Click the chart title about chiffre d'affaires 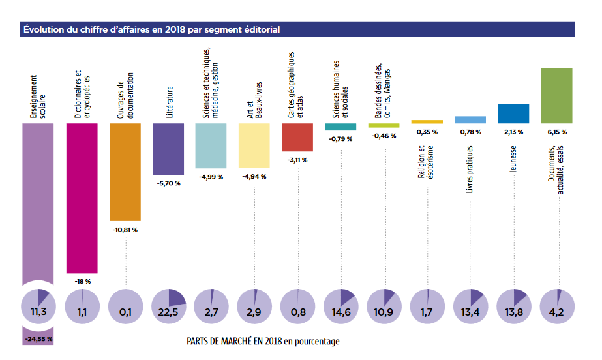click(152, 29)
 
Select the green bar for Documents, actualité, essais click(556, 95)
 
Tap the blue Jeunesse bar click(513, 113)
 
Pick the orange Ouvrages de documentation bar click(125, 172)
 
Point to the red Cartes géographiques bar click(297, 137)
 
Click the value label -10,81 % click(125, 230)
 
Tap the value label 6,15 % click(556, 132)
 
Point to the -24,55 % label click(39, 339)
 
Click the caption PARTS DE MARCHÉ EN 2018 click(263, 341)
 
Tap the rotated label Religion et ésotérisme click(427, 166)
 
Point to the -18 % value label click(82, 281)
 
